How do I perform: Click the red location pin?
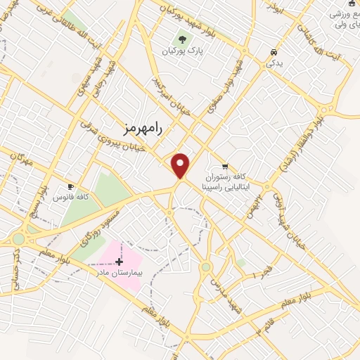181,165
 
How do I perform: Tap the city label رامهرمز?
143,129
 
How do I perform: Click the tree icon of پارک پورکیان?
183,40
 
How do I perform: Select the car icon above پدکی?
274,52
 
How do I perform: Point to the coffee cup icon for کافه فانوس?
70,186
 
